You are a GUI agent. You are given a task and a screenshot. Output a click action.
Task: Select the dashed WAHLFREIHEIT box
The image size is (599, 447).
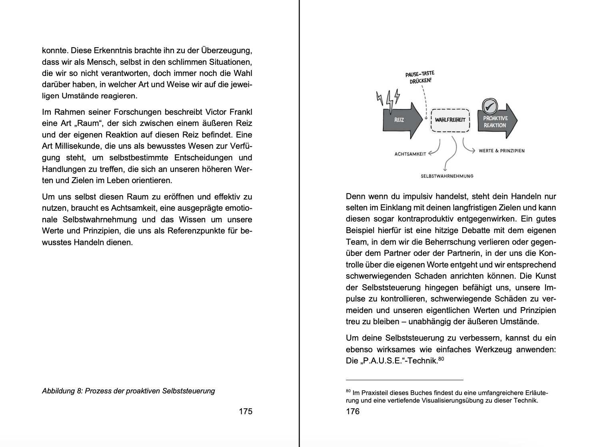(x=450, y=120)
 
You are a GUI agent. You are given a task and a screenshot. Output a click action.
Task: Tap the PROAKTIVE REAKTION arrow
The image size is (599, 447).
(x=496, y=122)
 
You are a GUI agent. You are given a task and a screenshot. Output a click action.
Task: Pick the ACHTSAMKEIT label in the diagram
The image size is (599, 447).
(x=410, y=154)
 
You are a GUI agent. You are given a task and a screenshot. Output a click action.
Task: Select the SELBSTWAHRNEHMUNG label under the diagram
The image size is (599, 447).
(x=447, y=176)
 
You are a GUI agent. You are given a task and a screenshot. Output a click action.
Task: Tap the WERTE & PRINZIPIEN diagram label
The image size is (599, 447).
(x=501, y=151)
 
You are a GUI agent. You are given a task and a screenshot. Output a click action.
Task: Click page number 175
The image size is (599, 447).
(x=246, y=411)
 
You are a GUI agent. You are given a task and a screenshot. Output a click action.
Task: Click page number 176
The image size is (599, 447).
(x=353, y=411)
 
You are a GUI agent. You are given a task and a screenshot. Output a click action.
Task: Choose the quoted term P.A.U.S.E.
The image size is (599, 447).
(x=383, y=361)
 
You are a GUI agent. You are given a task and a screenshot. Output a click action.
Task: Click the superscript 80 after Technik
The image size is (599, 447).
(x=441, y=359)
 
